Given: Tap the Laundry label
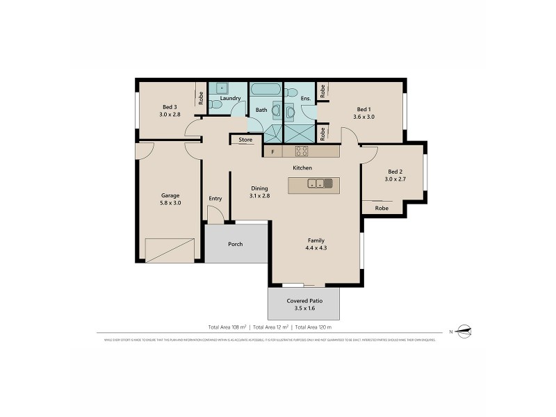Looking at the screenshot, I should (230, 98).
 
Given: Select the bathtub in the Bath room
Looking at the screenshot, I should (265, 90).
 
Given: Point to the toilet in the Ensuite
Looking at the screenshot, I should (293, 92).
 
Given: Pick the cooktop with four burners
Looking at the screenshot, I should (302, 151).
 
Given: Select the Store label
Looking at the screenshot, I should (245, 140).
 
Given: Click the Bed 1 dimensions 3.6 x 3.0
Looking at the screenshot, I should (364, 117).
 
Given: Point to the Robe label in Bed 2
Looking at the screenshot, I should (382, 208).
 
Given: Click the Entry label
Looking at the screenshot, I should (215, 199).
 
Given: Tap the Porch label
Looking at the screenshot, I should (236, 244).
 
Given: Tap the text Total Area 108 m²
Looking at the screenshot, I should (227, 327).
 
